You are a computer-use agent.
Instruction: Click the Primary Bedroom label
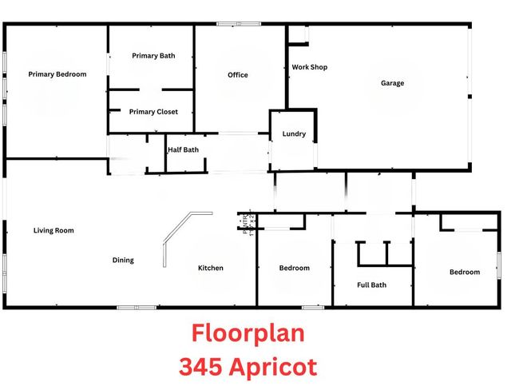tap(57, 74)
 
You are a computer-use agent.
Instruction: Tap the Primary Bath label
tap(153, 56)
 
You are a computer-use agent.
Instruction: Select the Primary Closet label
tap(153, 112)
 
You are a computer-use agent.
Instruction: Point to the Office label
tap(238, 75)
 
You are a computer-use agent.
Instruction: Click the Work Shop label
tap(309, 67)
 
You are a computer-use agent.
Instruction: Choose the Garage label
tap(392, 83)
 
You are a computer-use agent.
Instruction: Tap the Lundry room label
tap(294, 134)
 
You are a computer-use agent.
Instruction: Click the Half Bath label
tap(183, 149)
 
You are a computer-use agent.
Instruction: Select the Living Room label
tap(53, 231)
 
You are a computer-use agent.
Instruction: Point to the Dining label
tap(123, 261)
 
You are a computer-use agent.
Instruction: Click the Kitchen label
tap(211, 268)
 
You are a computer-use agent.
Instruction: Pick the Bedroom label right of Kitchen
tap(294, 268)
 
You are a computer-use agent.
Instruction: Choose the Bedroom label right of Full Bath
tap(465, 273)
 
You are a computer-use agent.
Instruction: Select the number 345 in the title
tap(202, 367)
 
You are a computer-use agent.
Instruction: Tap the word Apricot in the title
tap(273, 368)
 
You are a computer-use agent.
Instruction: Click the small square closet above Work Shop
tap(298, 34)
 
